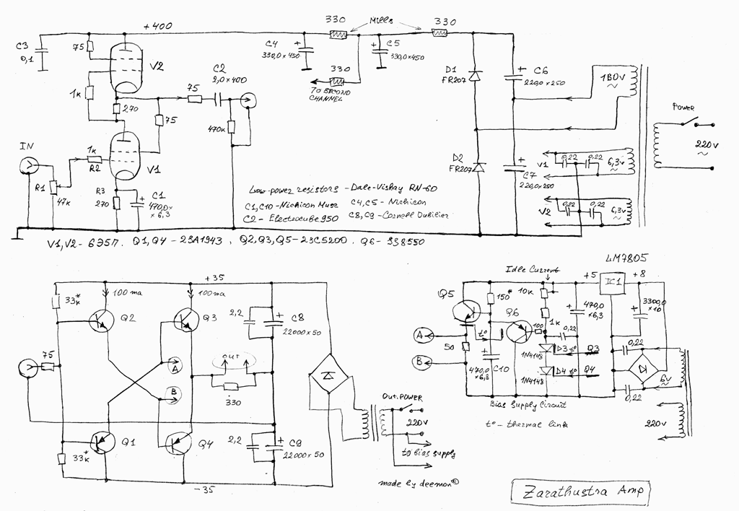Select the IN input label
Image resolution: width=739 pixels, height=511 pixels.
point(27,146)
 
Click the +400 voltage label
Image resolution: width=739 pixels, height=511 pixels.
point(157,26)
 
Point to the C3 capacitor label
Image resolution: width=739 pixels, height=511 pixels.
point(22,47)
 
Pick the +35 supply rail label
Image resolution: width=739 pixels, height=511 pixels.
point(216,278)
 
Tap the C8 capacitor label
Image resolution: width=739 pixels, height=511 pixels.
point(297,318)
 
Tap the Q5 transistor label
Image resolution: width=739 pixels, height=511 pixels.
point(446,294)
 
